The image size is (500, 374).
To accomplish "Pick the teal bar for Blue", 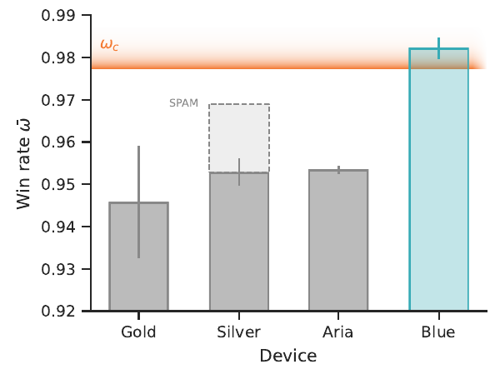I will point(439,183).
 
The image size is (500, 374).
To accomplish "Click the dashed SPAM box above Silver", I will point(239,133).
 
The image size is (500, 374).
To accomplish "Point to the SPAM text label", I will point(183,104).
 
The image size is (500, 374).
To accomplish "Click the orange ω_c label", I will point(109,45).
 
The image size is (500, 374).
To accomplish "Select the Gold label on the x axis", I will point(139,332).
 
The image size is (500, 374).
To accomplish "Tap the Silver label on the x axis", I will point(239,332).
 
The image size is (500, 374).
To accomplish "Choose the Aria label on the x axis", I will point(339,332).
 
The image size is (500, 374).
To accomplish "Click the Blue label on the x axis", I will point(439,332).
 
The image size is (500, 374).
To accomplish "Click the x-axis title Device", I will point(287,357).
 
